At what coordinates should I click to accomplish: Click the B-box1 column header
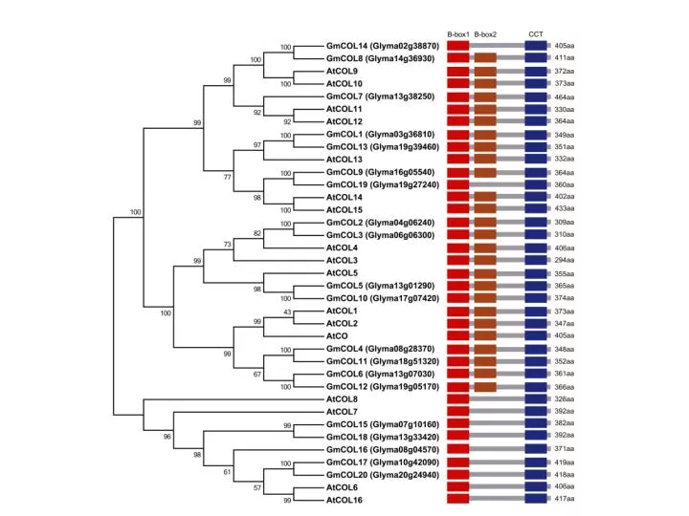458,34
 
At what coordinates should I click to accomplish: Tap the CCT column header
536,34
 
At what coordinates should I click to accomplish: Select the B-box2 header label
485,34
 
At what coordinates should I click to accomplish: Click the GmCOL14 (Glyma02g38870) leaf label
382,46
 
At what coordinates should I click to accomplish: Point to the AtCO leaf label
337,336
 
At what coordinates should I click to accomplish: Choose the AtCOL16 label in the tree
344,500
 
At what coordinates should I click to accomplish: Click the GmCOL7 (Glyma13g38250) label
380,97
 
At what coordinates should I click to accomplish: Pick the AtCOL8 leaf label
342,398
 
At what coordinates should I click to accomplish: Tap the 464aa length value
565,97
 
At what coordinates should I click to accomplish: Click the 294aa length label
565,260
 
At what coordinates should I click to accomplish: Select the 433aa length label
565,208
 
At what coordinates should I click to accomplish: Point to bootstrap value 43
287,312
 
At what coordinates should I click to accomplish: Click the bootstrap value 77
227,177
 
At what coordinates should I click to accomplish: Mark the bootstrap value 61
227,472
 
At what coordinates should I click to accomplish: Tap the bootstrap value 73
227,245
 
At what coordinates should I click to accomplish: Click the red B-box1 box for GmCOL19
458,184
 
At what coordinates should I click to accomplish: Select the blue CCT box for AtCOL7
536,411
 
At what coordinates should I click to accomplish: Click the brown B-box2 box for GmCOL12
485,387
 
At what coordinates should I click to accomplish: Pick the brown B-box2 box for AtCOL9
485,71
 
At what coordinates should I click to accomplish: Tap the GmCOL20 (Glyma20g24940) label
382,475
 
